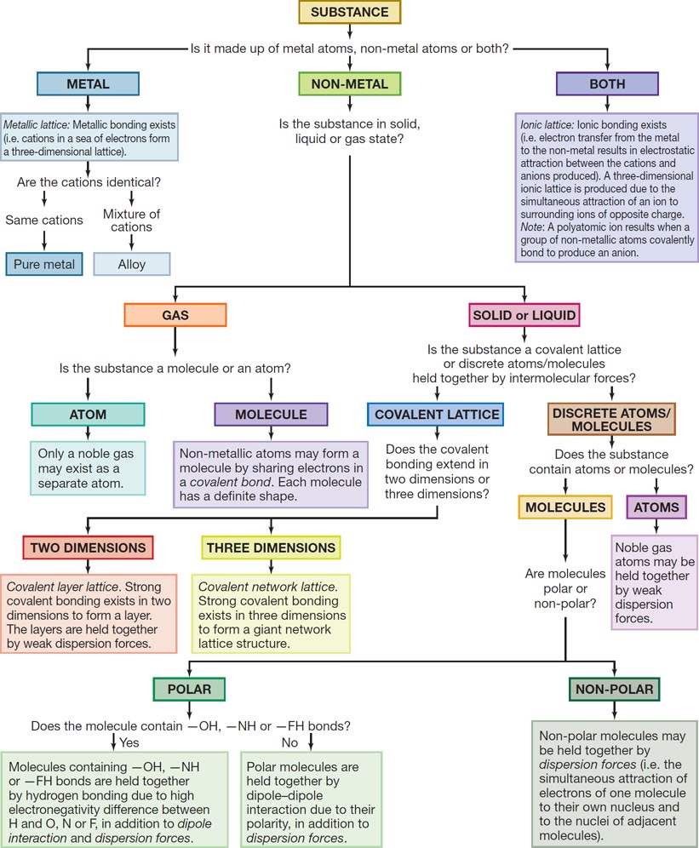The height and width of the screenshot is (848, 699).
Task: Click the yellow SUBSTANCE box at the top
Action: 349,13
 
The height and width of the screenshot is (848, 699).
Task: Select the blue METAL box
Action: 88,83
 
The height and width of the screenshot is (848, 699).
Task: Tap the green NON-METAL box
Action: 349,83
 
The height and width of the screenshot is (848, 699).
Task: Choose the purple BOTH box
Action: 606,83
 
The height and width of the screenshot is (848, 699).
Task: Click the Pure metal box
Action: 44,264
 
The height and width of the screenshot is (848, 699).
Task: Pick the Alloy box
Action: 131,264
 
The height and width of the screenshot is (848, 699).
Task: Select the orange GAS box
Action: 175,315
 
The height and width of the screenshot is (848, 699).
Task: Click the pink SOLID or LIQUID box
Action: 524,315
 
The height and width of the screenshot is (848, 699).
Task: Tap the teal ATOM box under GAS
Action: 88,415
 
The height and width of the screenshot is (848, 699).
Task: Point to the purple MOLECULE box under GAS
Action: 271,415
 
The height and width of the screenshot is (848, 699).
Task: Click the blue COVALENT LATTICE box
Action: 436,415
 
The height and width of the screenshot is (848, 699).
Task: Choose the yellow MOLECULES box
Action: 565,507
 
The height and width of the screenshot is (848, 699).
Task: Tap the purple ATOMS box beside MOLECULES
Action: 656,507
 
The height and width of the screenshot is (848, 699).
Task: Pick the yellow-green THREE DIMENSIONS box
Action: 271,547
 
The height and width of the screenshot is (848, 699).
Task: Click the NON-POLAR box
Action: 614,689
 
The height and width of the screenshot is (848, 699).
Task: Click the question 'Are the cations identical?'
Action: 88,181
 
